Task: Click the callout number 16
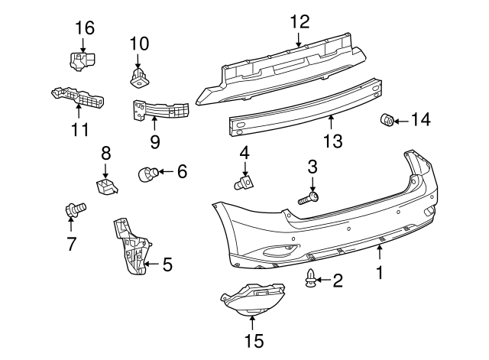[x=84, y=28]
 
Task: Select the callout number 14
[x=420, y=119]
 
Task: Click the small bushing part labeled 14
[x=387, y=120]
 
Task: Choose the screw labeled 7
[x=75, y=207]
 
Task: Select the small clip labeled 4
[x=244, y=182]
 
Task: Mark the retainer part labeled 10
[x=138, y=75]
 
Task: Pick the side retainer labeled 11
[x=78, y=99]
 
